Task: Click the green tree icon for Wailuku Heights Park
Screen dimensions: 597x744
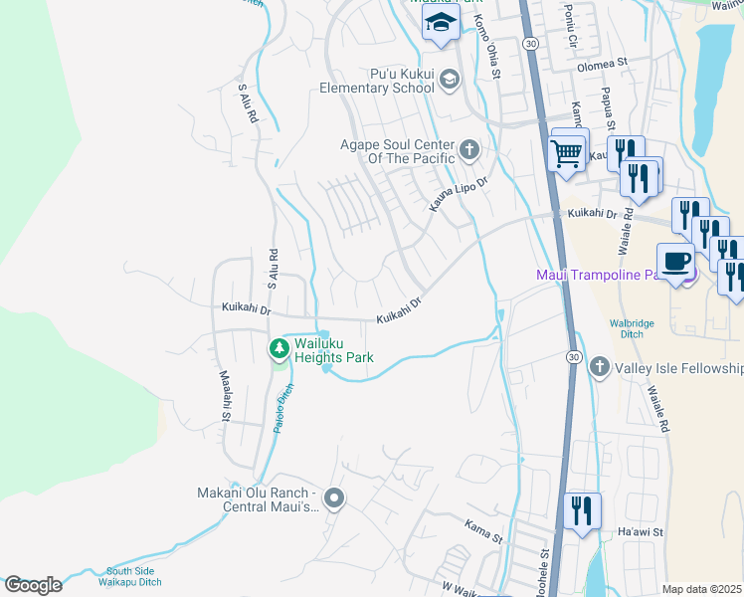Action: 279,348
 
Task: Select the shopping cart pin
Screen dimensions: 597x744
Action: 567,154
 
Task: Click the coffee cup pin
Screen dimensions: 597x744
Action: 676,262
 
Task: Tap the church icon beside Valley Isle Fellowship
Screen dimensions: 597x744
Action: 599,368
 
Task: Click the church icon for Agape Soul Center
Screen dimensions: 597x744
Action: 468,151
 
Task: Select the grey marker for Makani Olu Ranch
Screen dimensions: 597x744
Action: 335,498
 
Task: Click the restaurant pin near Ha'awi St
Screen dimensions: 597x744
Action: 582,511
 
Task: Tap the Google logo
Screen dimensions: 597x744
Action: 33,585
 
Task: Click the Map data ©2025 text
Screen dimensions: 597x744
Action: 701,589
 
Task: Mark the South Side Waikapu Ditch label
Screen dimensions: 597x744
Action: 143,577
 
